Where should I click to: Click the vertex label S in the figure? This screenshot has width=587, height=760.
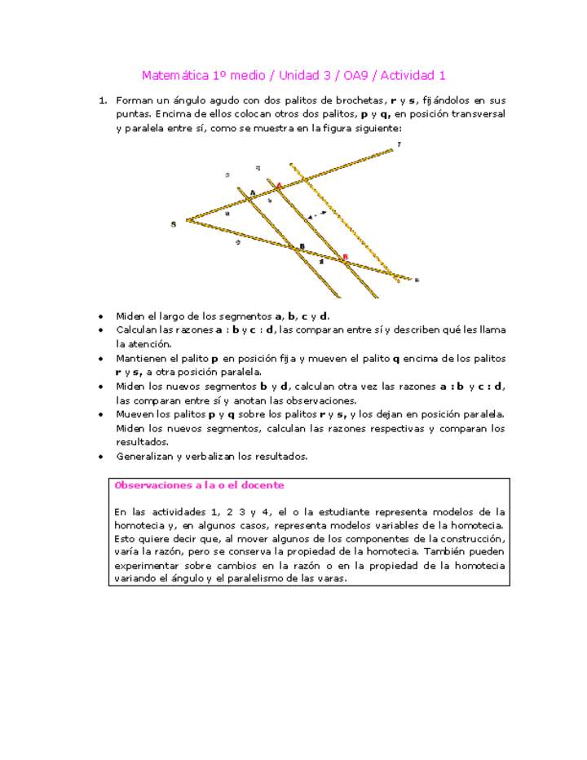click(x=173, y=223)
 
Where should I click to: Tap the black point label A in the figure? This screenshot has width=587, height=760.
click(x=252, y=192)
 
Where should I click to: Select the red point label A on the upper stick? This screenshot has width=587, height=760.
click(x=279, y=186)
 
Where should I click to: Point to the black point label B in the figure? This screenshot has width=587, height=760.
click(x=302, y=246)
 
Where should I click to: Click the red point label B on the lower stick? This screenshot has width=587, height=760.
click(x=345, y=258)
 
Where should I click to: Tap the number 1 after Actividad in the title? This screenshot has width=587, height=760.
click(x=441, y=76)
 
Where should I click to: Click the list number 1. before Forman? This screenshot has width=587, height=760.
click(x=103, y=100)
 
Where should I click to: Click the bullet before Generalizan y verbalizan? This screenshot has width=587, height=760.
click(x=99, y=457)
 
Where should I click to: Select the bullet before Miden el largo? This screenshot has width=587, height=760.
click(x=99, y=316)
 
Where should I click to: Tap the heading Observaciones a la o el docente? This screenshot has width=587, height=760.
click(x=199, y=485)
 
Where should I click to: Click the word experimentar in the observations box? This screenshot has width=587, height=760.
click(x=145, y=565)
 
